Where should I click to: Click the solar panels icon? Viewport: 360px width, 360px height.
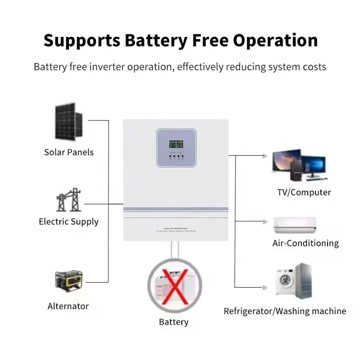coord(69,121)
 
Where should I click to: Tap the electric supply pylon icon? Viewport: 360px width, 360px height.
coord(68,201)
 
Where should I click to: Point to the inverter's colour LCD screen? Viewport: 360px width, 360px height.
coord(176,144)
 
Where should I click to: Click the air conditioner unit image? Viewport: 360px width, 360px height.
coord(295,225)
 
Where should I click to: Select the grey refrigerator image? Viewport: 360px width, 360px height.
coord(303,279)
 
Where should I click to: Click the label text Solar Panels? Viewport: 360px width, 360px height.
coord(69,152)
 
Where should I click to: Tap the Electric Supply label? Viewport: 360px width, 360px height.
coord(68,221)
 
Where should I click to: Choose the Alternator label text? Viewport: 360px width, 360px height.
coord(68,306)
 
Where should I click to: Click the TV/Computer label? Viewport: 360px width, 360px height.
coord(304,192)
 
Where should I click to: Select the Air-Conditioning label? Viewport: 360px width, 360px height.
coord(306,243)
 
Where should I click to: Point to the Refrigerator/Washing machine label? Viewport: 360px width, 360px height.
coord(285,311)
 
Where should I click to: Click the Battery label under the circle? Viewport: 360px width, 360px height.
coord(173,322)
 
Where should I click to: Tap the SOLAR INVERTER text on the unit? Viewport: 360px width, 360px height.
coord(175,228)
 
